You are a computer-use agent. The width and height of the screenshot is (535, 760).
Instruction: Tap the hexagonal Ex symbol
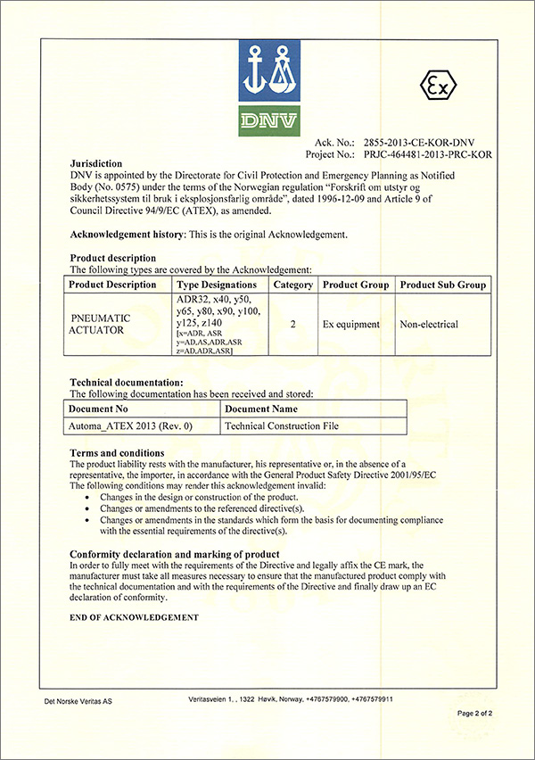coord(437,87)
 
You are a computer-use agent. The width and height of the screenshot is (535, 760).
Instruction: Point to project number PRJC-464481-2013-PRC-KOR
coord(424,153)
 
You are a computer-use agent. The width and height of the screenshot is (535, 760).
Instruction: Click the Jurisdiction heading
coord(96,164)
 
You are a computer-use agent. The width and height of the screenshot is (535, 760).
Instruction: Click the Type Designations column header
coord(217,285)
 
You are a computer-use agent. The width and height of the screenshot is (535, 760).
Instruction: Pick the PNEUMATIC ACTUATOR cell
coord(100,324)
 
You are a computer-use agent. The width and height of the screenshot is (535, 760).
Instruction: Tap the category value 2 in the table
coord(293,324)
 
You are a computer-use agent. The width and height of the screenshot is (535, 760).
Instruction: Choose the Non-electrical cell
coord(430,324)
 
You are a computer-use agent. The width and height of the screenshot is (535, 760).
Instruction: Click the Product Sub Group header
coord(443,285)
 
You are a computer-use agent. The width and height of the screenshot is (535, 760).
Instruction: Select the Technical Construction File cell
coord(282,426)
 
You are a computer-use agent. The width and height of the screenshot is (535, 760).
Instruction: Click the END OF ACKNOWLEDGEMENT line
coord(134,617)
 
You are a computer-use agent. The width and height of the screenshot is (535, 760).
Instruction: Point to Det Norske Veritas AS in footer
coord(78,702)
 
